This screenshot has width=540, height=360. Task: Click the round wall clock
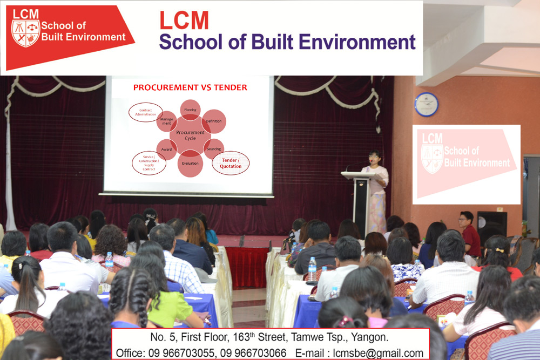point(427,104)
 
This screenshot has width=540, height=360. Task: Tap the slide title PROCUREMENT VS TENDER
point(190,87)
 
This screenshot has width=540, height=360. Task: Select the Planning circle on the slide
point(190,110)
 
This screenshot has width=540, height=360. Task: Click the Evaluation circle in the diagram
point(190,163)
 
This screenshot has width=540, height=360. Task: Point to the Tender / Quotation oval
point(231,163)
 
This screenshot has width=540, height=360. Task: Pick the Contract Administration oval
point(145,112)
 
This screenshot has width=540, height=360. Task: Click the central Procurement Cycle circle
point(190,135)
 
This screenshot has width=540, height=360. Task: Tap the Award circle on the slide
point(167,149)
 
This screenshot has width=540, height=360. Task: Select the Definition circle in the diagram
point(214,121)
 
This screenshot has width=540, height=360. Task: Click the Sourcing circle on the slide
point(214,149)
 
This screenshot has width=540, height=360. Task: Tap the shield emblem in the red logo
point(26,33)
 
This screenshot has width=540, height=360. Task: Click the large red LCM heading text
point(184,21)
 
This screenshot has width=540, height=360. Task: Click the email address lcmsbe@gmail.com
point(378,353)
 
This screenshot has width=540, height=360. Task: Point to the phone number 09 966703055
point(182,353)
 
